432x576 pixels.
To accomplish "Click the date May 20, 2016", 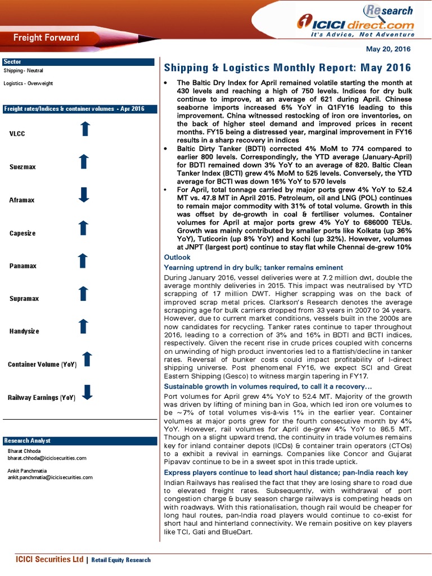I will tap(388, 49).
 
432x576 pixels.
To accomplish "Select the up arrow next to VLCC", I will tap(84, 129).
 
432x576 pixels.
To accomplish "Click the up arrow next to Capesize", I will tap(83, 228).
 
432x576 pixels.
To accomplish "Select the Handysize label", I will tap(24, 331).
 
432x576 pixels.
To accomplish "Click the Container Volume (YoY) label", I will tap(42, 364).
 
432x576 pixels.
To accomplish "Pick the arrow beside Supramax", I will tap(83, 294).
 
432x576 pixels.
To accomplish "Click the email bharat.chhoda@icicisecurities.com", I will tap(47, 458).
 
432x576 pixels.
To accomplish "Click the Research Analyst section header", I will tap(27, 440).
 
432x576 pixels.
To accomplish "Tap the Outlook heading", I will tap(177, 257).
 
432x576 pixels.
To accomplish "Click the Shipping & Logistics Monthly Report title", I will tap(287, 68).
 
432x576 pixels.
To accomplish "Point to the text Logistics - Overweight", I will tap(28, 83).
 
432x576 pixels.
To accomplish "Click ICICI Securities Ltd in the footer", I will tap(49, 560).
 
